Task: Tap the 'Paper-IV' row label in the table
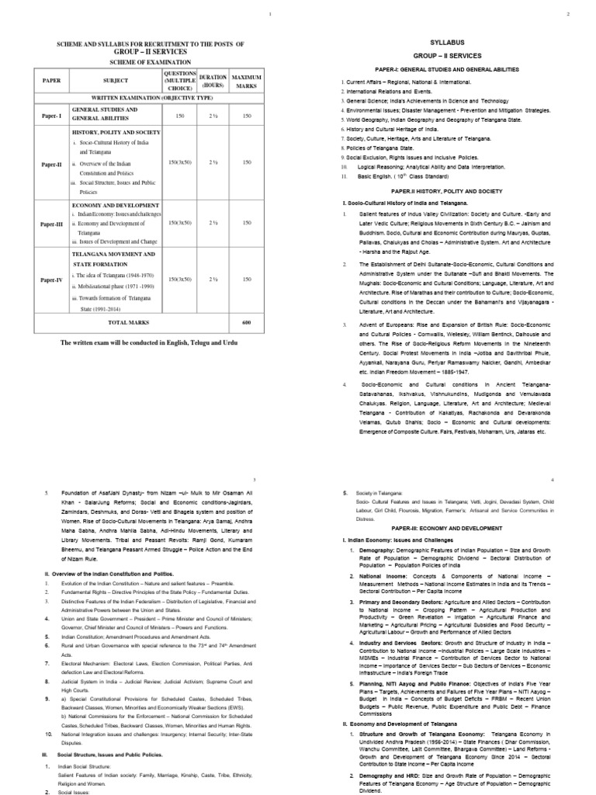[50, 279]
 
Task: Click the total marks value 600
[246, 322]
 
